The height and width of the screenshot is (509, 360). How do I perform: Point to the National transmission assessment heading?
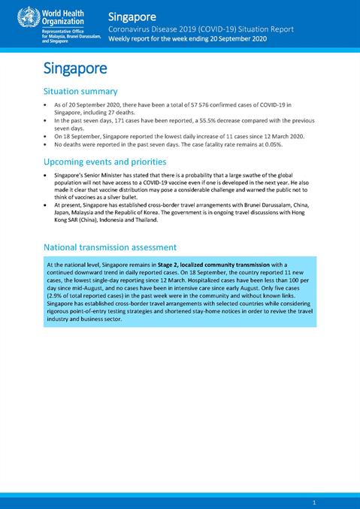110,247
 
